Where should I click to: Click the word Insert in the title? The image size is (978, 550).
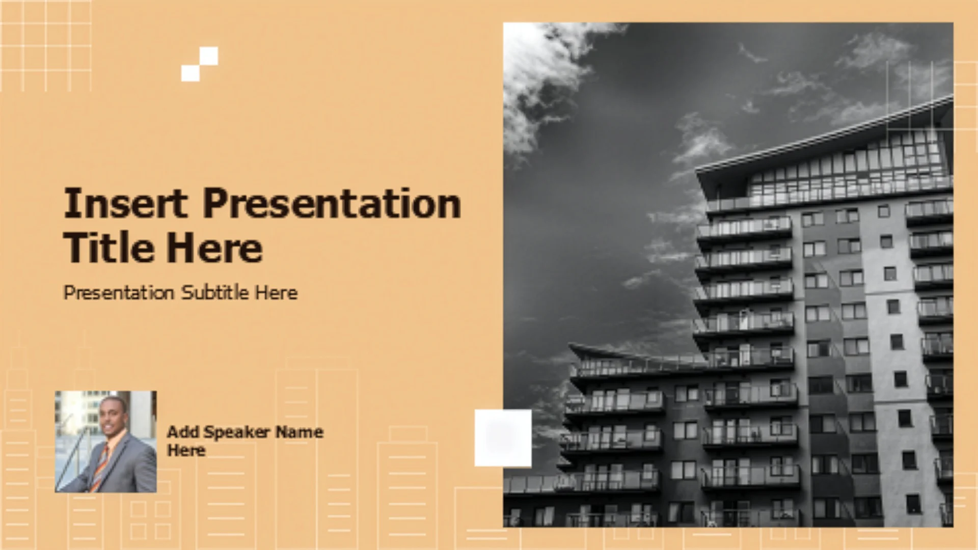click(125, 203)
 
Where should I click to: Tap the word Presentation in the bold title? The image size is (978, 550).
click(332, 203)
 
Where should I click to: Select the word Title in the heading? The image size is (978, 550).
click(109, 248)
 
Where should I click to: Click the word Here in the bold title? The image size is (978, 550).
click(214, 248)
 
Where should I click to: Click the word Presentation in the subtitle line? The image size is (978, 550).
click(119, 292)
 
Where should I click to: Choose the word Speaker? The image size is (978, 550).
click(236, 432)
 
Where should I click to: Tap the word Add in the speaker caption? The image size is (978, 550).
click(183, 432)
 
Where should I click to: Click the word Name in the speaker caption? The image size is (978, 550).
click(299, 432)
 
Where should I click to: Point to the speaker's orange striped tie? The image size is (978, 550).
click(100, 466)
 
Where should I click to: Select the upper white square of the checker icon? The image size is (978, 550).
click(209, 56)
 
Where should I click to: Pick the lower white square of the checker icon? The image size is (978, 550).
click(191, 72)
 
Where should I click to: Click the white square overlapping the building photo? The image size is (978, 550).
click(503, 438)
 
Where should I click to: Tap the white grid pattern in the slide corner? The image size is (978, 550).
click(46, 46)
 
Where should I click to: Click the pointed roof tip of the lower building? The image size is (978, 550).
click(569, 345)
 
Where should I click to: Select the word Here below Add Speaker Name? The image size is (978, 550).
click(186, 451)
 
